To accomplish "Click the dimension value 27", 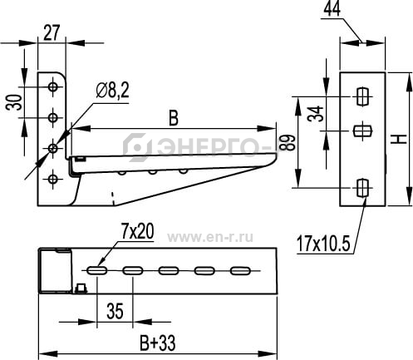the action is (52, 32).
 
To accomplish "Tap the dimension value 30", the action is (14, 102).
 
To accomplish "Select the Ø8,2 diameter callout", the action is (112, 91).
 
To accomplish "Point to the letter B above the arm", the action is (174, 118).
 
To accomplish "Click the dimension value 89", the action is (286, 142).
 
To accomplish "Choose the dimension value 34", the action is (316, 114).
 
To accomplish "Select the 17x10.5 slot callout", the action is (323, 244).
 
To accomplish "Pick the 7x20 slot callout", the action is (137, 232).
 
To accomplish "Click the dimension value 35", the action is (115, 311).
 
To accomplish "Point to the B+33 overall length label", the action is (158, 343).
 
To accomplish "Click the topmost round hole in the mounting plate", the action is (52, 87).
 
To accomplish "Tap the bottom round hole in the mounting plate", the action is (52, 179).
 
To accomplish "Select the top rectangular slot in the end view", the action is (362, 96).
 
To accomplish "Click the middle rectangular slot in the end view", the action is (363, 131).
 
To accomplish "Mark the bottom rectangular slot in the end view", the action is (362, 188).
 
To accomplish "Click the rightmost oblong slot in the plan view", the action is (240, 271).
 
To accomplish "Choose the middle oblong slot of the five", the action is (169, 271).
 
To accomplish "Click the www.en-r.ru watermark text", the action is (210, 238).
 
